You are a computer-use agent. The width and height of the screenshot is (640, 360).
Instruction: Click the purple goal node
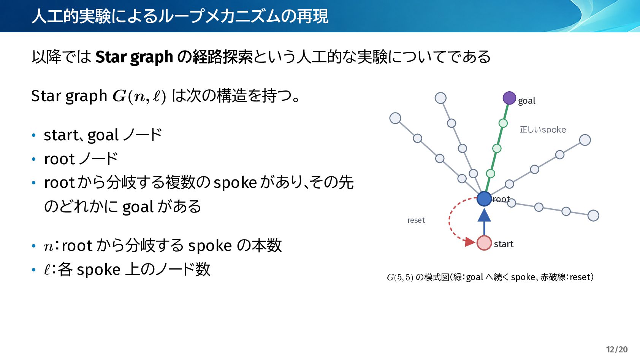click(509, 98)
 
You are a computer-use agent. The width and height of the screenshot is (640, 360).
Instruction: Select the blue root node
click(484, 199)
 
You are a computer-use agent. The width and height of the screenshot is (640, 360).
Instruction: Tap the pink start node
click(484, 243)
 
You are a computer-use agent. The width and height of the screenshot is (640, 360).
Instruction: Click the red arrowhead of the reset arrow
click(470, 242)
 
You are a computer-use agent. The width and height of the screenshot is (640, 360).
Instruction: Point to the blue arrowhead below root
click(484, 215)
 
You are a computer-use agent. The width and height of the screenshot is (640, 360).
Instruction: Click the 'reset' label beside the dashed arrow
click(416, 220)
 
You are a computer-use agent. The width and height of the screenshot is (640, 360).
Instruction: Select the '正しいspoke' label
click(543, 130)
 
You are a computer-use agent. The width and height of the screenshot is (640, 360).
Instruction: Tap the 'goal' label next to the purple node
click(527, 101)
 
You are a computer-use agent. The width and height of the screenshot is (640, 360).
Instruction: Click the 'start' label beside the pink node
click(504, 244)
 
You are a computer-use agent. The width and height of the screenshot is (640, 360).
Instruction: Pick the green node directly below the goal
click(503, 123)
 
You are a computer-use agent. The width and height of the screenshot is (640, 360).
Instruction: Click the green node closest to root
click(490, 173)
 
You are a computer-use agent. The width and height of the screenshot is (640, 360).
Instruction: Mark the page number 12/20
click(617, 349)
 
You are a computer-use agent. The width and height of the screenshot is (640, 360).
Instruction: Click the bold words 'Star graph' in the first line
click(134, 57)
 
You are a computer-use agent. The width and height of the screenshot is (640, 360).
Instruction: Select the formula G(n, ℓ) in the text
click(139, 96)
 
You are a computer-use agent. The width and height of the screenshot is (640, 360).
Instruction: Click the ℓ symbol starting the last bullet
click(47, 270)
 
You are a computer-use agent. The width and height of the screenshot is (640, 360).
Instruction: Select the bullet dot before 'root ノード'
click(34, 159)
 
